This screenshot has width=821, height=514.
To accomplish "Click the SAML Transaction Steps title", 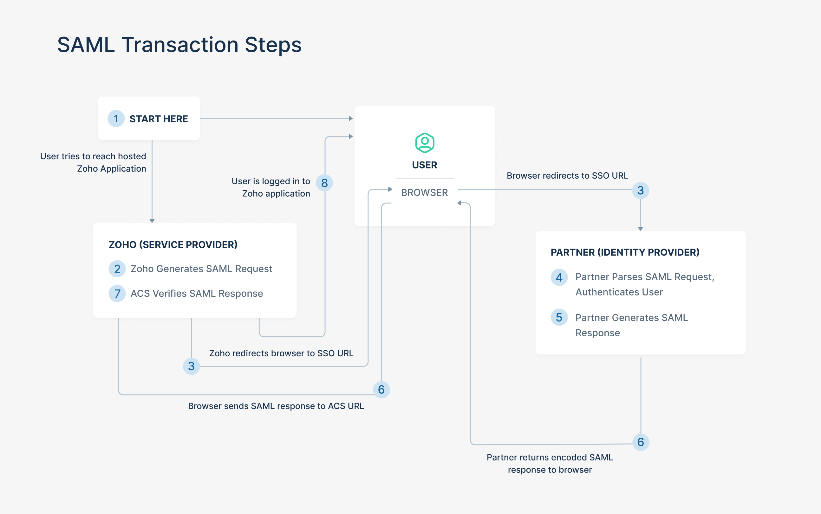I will click(179, 45).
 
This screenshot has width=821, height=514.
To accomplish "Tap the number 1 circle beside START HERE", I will click(116, 119).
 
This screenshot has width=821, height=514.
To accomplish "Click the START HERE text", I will click(159, 119).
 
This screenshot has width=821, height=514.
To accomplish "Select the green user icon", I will click(425, 143).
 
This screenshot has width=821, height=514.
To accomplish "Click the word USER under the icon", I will click(425, 165).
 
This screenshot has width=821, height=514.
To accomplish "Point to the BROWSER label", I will click(425, 193).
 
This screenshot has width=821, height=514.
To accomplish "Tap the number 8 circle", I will click(324, 183).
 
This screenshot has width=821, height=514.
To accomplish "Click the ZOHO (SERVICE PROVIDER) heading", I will click(173, 245).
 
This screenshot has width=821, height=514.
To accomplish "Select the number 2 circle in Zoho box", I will click(117, 269).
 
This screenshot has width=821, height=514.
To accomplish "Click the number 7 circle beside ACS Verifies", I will click(117, 293).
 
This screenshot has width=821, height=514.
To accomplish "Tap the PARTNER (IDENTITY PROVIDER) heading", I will click(625, 252).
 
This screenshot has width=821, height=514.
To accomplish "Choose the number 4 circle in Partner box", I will click(559, 277).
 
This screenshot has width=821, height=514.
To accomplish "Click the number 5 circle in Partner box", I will click(559, 318).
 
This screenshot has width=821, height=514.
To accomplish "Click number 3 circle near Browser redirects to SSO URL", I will click(640, 190).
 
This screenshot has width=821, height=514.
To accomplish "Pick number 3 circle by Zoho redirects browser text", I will click(191, 366).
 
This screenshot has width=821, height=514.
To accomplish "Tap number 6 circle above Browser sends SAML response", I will click(381, 390).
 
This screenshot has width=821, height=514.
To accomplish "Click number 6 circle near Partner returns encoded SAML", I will click(641, 442).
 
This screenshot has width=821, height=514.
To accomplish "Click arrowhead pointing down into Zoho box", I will click(152, 221).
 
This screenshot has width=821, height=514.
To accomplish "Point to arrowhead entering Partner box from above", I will click(640, 229).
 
